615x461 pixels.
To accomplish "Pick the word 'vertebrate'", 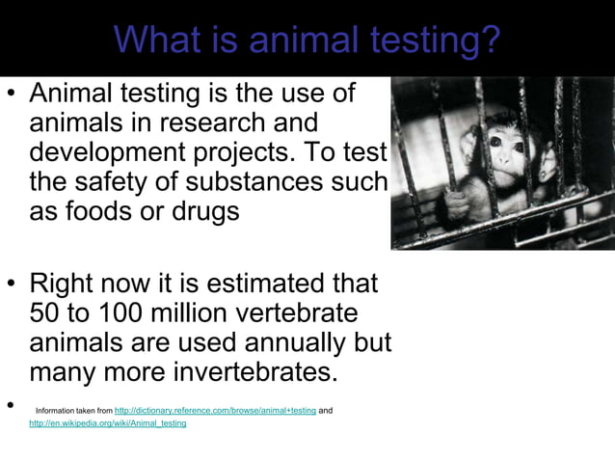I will [288, 314].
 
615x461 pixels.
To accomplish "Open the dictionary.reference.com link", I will [215, 411].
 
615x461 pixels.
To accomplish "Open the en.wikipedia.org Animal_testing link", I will [108, 423].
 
